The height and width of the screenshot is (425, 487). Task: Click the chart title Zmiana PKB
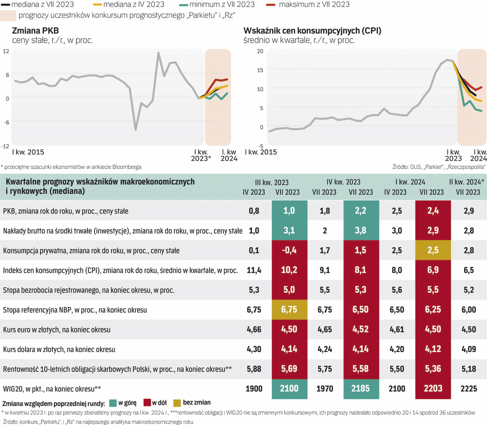coord(35,31)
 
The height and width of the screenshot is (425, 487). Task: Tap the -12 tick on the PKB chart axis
coord(5,146)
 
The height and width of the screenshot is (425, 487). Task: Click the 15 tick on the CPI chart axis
coord(260,70)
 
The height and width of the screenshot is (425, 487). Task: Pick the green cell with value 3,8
coord(361,231)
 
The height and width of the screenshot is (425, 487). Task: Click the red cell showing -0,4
coord(289,250)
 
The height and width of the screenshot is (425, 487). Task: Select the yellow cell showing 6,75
coord(289,310)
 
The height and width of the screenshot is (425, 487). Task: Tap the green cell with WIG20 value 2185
coord(361,389)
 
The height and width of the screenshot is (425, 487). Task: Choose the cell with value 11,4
coord(254,270)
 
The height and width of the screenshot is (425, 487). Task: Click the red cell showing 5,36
coord(433,369)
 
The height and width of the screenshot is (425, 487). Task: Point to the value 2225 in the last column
coord(468,389)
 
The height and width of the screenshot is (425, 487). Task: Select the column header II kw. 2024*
coord(467,182)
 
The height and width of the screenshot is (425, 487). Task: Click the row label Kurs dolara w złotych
coord(59,349)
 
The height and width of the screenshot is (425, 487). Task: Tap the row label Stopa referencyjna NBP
coord(75,310)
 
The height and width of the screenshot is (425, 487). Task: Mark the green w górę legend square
coord(113,403)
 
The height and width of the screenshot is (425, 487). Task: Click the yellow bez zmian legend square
coord(177,403)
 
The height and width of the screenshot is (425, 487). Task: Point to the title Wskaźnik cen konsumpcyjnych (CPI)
coord(312,31)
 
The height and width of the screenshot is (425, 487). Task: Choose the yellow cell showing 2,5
coord(433,250)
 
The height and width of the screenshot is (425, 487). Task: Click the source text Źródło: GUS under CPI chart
coord(439,167)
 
